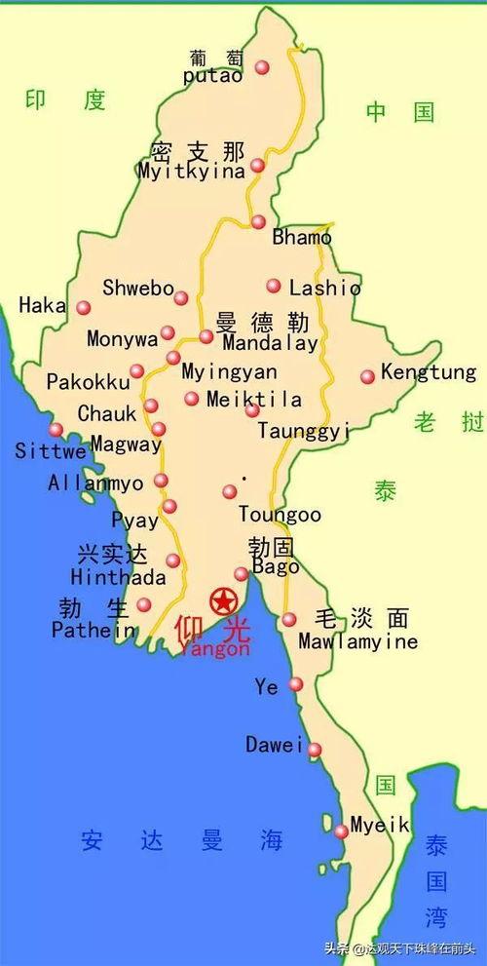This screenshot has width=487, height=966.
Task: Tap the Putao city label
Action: pyautogui.click(x=212, y=75)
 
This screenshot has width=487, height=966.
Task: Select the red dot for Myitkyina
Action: pyautogui.click(x=257, y=166)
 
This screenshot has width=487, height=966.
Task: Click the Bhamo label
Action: pyautogui.click(x=302, y=237)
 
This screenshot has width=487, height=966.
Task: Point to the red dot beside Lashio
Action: pyautogui.click(x=274, y=286)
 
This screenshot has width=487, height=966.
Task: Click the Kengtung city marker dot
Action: pyautogui.click(x=367, y=376)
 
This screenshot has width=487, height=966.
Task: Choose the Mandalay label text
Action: pyautogui.click(x=270, y=344)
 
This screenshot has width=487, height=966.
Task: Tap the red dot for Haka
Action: pyautogui.click(x=84, y=308)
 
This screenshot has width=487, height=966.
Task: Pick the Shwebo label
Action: pyautogui.click(x=137, y=288)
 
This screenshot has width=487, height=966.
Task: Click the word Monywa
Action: pyautogui.click(x=122, y=340)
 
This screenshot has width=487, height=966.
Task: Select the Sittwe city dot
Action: pyautogui.click(x=56, y=429)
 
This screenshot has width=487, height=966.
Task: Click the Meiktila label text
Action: pyautogui.click(x=254, y=400)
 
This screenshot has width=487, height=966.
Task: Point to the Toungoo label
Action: pyautogui.click(x=280, y=514)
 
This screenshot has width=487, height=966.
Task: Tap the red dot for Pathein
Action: pyautogui.click(x=144, y=604)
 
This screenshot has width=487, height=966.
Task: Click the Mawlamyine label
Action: pyautogui.click(x=357, y=641)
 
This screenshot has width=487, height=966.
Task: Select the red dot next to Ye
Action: pyautogui.click(x=296, y=684)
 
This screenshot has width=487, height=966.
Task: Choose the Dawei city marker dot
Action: pyautogui.click(x=315, y=750)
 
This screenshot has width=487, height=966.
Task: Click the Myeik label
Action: pyautogui.click(x=380, y=825)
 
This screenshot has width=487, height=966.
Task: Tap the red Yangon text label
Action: pyautogui.click(x=214, y=648)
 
